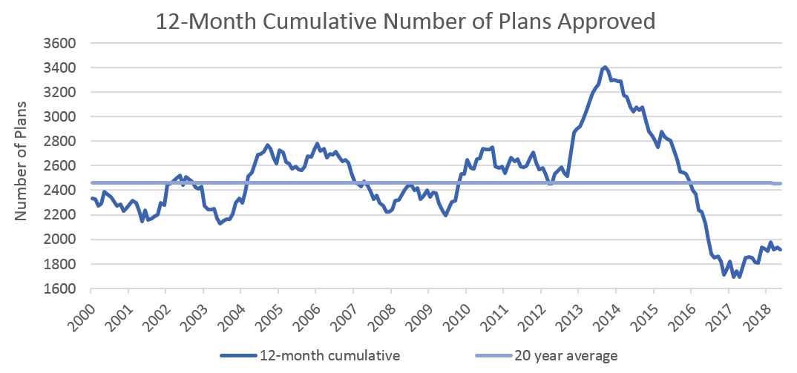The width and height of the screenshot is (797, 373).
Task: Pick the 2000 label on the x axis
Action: point(82,312)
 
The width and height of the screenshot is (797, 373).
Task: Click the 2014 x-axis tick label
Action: point(606,312)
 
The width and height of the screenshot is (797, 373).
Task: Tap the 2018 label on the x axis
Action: point(757,312)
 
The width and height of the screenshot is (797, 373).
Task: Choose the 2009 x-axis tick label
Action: point(419,312)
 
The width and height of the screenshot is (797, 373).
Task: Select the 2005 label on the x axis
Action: point(269,312)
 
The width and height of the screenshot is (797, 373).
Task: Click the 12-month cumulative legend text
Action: point(330,356)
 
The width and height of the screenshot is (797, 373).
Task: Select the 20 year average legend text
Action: point(565,356)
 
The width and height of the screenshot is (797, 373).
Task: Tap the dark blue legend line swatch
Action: point(238,356)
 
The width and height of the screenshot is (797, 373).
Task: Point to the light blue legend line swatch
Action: point(493,356)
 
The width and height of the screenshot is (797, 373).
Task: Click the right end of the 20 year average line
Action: point(781,183)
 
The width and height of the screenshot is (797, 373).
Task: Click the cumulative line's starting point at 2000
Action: point(91,198)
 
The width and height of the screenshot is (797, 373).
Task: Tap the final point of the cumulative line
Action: point(781,249)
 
